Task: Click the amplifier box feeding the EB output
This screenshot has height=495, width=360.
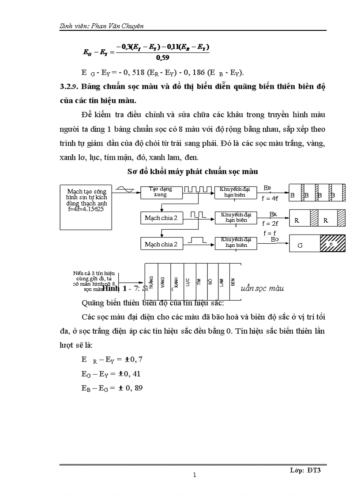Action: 236,192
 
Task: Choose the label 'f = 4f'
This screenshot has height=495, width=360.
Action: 270,198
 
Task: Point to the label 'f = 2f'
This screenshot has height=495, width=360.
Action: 270,223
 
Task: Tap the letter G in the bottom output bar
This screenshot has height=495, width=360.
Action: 300,245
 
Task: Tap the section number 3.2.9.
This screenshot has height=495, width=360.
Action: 70,87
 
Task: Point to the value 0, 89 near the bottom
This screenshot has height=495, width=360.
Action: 133,388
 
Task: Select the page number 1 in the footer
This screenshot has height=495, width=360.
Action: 194,475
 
